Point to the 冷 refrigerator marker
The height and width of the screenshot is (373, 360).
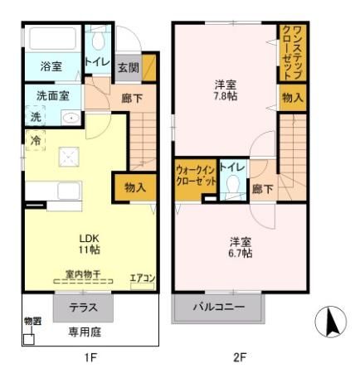click(35, 141)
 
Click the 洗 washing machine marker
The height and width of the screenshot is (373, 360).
click(35, 117)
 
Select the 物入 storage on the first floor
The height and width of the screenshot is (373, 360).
click(135, 187)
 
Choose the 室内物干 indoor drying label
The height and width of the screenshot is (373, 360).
click(83, 272)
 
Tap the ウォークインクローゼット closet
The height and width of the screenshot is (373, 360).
click(196, 177)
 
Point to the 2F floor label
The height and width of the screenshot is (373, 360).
click(239, 358)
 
